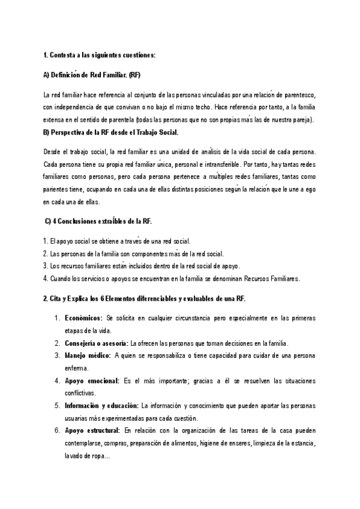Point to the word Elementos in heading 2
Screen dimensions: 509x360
pos(136,298)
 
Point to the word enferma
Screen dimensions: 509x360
pos(76,369)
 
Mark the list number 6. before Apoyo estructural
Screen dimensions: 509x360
pos(57,431)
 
